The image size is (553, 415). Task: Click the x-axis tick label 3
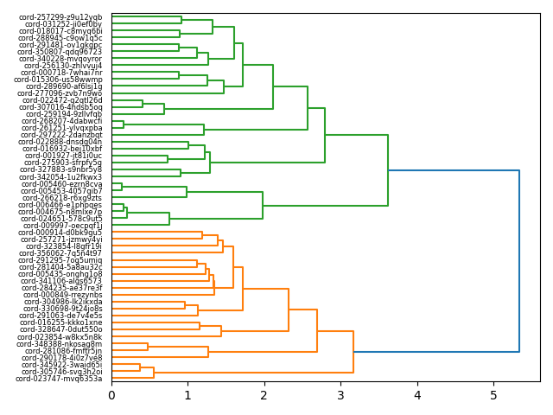(x=340, y=395)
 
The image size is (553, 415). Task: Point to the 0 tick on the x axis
(x=111, y=395)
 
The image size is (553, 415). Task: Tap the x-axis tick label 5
(x=493, y=395)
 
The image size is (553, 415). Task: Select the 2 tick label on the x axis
(x=264, y=395)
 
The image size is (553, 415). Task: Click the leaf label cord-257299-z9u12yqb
(x=60, y=17)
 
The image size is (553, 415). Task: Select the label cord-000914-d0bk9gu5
(x=61, y=233)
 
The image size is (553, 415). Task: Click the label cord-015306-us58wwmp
(x=58, y=80)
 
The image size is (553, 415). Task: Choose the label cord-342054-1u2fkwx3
(x=60, y=177)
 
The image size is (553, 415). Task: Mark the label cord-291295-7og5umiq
(x=60, y=260)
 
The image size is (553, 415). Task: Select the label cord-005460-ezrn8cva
(x=61, y=184)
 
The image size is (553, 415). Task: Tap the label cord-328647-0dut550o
(x=60, y=329)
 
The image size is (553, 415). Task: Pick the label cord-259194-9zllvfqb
(x=61, y=114)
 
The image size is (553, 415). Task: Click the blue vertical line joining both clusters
(x=519, y=261)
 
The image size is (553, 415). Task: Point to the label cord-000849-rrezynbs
(x=63, y=295)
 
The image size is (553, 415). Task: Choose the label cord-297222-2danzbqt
(x=61, y=135)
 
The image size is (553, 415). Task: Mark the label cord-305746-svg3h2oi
(x=60, y=372)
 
